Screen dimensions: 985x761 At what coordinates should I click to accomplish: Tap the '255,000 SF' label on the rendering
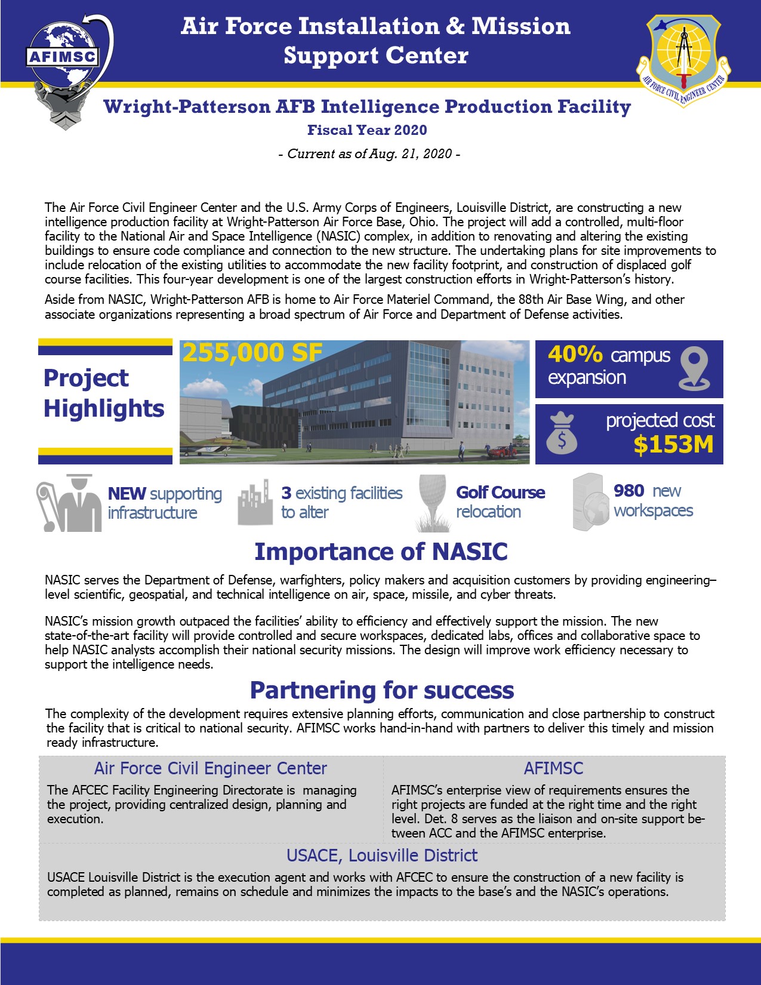tap(252, 353)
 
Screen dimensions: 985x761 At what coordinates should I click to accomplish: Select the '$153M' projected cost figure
tap(673, 445)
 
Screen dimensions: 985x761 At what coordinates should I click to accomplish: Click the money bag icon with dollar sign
tap(562, 434)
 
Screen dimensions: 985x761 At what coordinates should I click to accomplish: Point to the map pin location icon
tap(694, 368)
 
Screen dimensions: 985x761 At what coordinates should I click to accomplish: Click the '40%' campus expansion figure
tap(575, 355)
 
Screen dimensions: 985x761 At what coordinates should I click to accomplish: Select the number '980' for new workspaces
tap(629, 491)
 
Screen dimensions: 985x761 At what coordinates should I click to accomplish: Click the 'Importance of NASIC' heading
tap(381, 552)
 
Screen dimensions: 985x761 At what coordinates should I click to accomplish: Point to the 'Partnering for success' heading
tap(381, 690)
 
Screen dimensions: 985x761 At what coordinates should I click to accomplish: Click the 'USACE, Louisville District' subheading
tap(382, 855)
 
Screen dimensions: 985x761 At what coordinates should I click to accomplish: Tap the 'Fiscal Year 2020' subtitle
tap(367, 130)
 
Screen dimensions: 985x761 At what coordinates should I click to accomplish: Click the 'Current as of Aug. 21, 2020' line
tap(369, 154)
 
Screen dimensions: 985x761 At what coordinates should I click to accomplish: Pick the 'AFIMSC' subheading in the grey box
tap(553, 768)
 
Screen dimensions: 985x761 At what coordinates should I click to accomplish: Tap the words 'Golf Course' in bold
tap(500, 492)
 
